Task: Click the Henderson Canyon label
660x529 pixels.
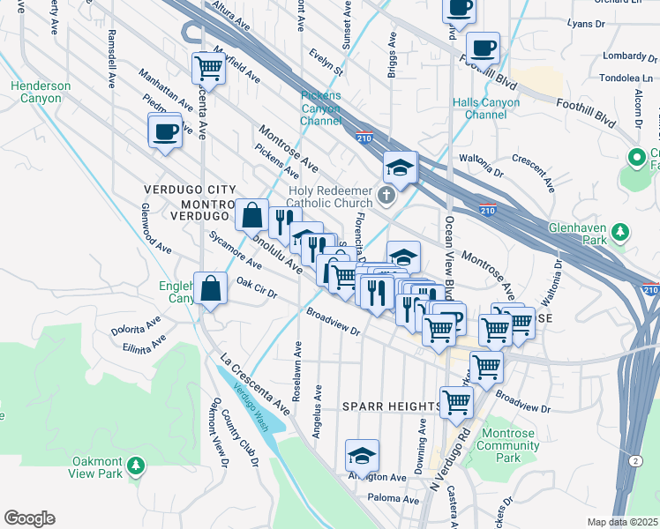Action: click(41, 92)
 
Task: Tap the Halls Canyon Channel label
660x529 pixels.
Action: click(486, 108)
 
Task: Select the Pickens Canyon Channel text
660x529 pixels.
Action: click(321, 108)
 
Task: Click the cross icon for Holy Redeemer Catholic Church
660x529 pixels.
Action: click(386, 194)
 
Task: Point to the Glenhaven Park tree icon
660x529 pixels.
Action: click(621, 232)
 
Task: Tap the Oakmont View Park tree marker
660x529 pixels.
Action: click(135, 465)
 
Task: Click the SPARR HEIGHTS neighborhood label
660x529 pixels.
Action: click(391, 406)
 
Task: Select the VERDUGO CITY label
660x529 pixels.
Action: click(190, 190)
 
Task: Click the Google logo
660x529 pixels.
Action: click(29, 518)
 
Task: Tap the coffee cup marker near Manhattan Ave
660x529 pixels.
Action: click(165, 132)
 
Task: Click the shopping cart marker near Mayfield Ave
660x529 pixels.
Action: click(208, 66)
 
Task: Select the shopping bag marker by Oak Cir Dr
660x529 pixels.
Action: click(211, 287)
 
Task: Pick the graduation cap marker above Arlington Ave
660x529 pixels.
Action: click(362, 456)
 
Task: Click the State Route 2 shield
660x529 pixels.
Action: click(637, 461)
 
